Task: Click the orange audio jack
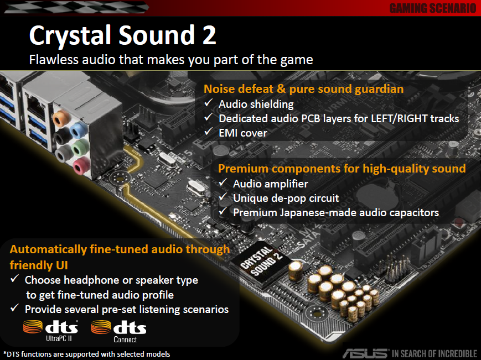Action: tap(61, 119)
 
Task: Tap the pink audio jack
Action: tap(82, 165)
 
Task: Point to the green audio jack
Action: tap(80, 148)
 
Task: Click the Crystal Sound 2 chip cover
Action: tap(261, 263)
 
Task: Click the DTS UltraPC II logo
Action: tap(50, 331)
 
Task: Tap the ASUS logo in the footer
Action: tap(365, 353)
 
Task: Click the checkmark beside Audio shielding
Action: tap(209, 103)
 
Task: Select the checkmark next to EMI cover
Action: tap(209, 132)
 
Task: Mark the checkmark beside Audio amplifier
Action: tap(223, 182)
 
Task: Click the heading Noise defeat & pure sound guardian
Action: tap(304, 89)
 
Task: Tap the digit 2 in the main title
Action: tap(209, 35)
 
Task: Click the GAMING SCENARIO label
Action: tap(432, 8)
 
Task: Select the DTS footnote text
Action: tap(86, 354)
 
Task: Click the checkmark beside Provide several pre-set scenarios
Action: tap(15, 308)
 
